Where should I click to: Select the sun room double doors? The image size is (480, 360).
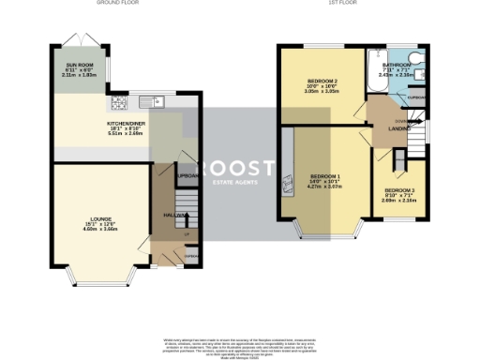70,45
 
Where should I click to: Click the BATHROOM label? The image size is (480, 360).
397,65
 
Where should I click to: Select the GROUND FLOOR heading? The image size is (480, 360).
117,3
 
